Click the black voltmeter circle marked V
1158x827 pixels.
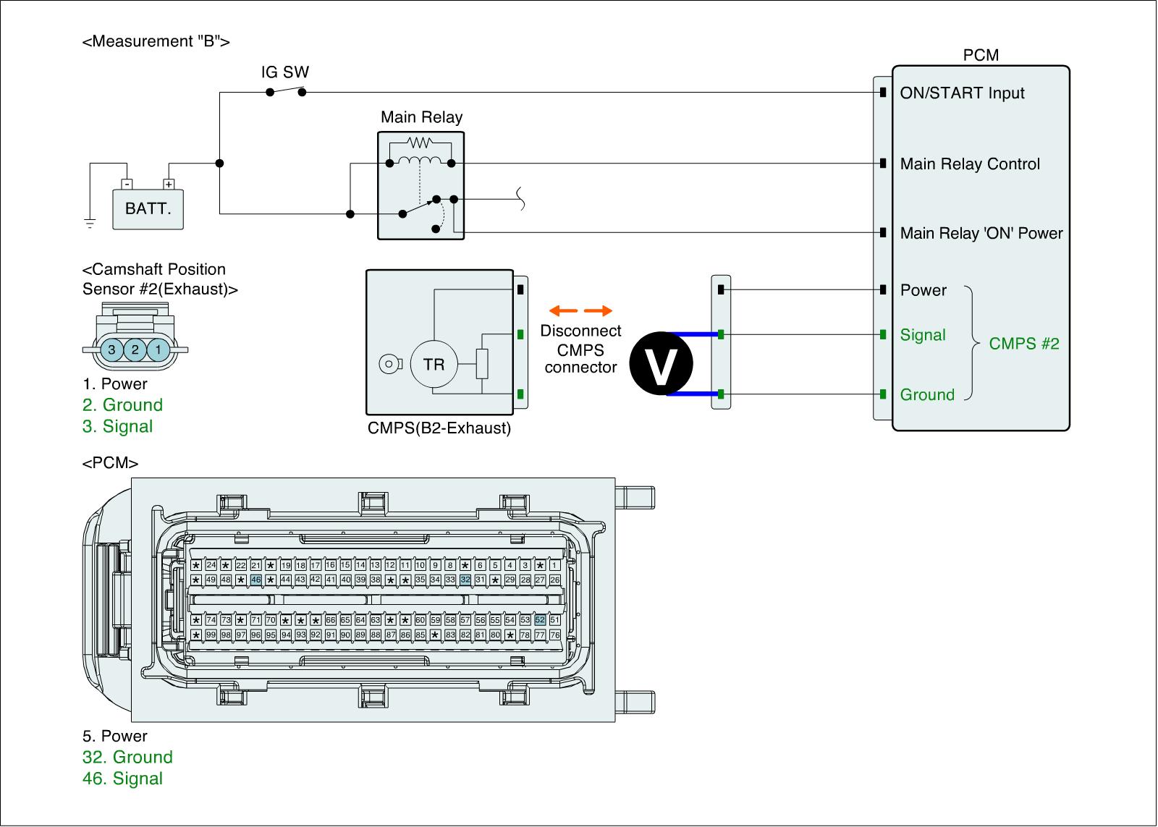tap(662, 363)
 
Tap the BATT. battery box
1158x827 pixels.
tap(148, 209)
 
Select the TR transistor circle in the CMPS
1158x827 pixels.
tap(434, 364)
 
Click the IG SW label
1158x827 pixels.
tap(285, 72)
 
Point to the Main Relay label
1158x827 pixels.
tap(421, 116)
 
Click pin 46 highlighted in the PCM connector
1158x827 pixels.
tap(256, 580)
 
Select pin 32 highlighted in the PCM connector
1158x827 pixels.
tap(465, 580)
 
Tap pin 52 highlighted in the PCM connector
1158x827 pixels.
tap(540, 620)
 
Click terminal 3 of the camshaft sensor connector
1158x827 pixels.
tap(111, 350)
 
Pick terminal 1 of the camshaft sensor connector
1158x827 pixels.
tap(159, 350)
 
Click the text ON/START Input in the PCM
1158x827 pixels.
tap(962, 93)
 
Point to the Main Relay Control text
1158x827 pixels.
tap(970, 164)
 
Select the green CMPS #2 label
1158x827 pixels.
tap(1024, 344)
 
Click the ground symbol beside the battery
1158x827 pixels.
tap(90, 224)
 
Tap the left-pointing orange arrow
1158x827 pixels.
tap(563, 310)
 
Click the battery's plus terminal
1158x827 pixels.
tap(169, 184)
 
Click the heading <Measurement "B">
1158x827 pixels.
tap(156, 41)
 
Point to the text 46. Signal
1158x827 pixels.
tap(122, 779)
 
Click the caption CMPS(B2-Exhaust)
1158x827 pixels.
tap(439, 428)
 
